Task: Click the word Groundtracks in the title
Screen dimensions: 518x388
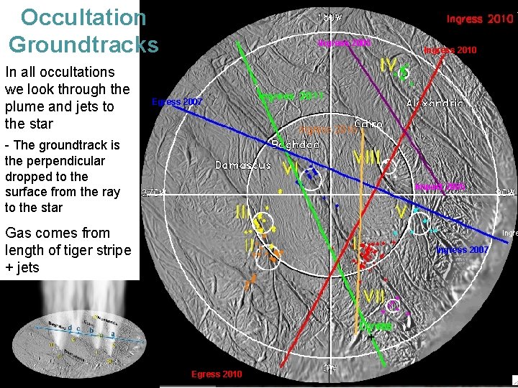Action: point(83,45)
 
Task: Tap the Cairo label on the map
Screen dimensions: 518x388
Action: point(368,124)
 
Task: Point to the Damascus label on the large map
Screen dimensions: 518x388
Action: point(243,165)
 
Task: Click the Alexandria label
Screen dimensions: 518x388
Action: point(435,103)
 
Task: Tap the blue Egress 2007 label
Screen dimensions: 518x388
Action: point(177,102)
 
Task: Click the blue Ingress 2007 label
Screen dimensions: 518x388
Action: point(463,250)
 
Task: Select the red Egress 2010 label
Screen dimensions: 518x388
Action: point(217,374)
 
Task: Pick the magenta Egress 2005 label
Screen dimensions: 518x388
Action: point(440,187)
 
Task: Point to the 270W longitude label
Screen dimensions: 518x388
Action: point(153,193)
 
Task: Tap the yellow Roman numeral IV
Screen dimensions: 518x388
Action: point(389,66)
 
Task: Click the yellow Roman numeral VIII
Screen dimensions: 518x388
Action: point(368,157)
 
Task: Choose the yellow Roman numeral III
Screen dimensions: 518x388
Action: point(243,213)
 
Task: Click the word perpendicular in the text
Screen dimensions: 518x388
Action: point(55,160)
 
